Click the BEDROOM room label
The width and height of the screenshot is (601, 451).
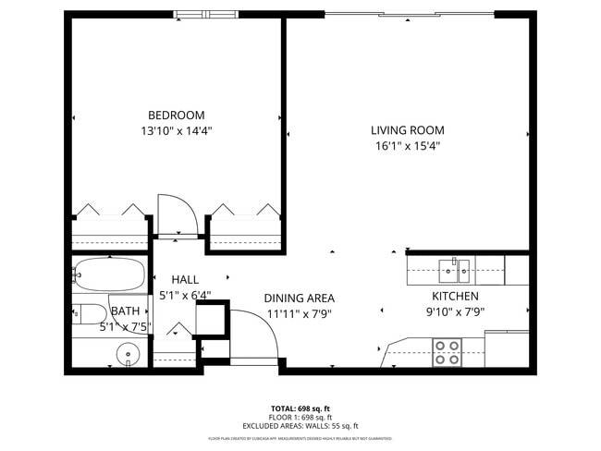176,115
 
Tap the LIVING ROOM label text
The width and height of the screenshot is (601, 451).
408,130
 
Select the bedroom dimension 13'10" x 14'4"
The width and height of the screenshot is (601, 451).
176,131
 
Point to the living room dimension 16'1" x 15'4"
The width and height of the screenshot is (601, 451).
408,146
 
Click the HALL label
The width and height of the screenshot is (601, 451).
185,279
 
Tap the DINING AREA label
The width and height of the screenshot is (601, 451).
299,298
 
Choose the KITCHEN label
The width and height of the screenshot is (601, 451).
455,296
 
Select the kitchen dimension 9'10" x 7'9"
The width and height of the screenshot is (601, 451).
455,312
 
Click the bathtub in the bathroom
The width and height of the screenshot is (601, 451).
109,274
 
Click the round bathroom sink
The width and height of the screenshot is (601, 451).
129,352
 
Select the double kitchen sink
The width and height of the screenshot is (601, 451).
454,270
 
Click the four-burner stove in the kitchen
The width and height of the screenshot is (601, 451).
448,352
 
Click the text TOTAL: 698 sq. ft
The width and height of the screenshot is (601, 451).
300,408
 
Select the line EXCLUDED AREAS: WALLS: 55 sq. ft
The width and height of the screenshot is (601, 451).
300,426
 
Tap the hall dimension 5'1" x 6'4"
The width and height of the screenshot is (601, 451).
185,296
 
